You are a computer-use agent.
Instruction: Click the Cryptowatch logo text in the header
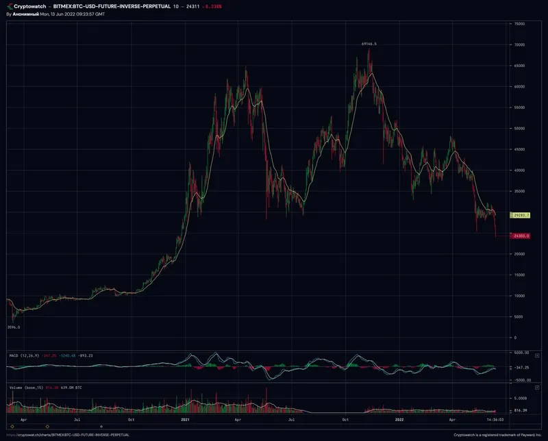29,5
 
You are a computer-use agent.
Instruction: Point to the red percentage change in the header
212,5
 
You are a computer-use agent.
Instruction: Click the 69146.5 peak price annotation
369,43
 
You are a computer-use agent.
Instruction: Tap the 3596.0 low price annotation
13,327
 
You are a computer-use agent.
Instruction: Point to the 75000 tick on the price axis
519,24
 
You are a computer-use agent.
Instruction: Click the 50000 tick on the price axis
519,128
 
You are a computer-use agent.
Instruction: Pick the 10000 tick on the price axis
519,296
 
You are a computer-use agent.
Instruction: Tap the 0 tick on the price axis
514,338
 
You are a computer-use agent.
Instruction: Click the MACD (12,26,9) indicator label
23,355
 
